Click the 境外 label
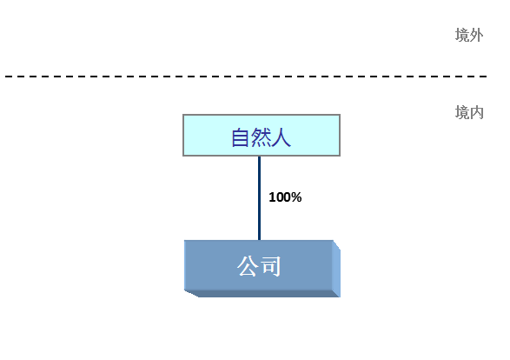pyautogui.click(x=469, y=35)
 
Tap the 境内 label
pyautogui.click(x=469, y=113)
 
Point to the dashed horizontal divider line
pyautogui.click(x=246, y=77)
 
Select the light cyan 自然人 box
pyautogui.click(x=262, y=135)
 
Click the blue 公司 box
pyautogui.click(x=262, y=269)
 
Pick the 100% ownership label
pyautogui.click(x=285, y=197)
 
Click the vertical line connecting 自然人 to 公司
pyautogui.click(x=259, y=198)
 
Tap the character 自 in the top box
pyautogui.click(x=241, y=137)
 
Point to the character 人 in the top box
pyautogui.click(x=281, y=137)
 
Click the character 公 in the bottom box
pyautogui.click(x=248, y=266)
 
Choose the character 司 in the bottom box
pyautogui.click(x=270, y=266)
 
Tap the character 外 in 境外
pyautogui.click(x=476, y=35)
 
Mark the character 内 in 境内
pyautogui.click(x=476, y=113)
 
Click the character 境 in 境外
pyautogui.click(x=462, y=35)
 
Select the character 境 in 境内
pyautogui.click(x=462, y=113)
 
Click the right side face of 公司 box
pyautogui.click(x=336, y=269)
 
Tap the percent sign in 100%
pyautogui.click(x=296, y=197)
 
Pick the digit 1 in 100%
pyautogui.click(x=272, y=197)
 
